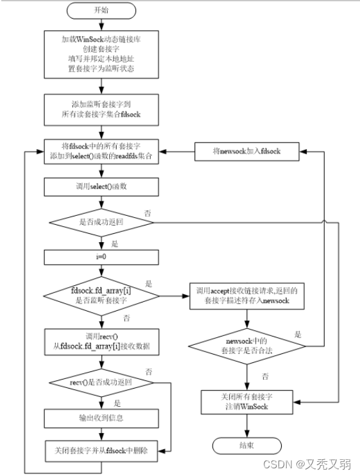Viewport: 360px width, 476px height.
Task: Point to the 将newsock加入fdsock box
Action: (x=247, y=152)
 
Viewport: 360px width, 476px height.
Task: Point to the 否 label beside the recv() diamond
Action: (x=149, y=372)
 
